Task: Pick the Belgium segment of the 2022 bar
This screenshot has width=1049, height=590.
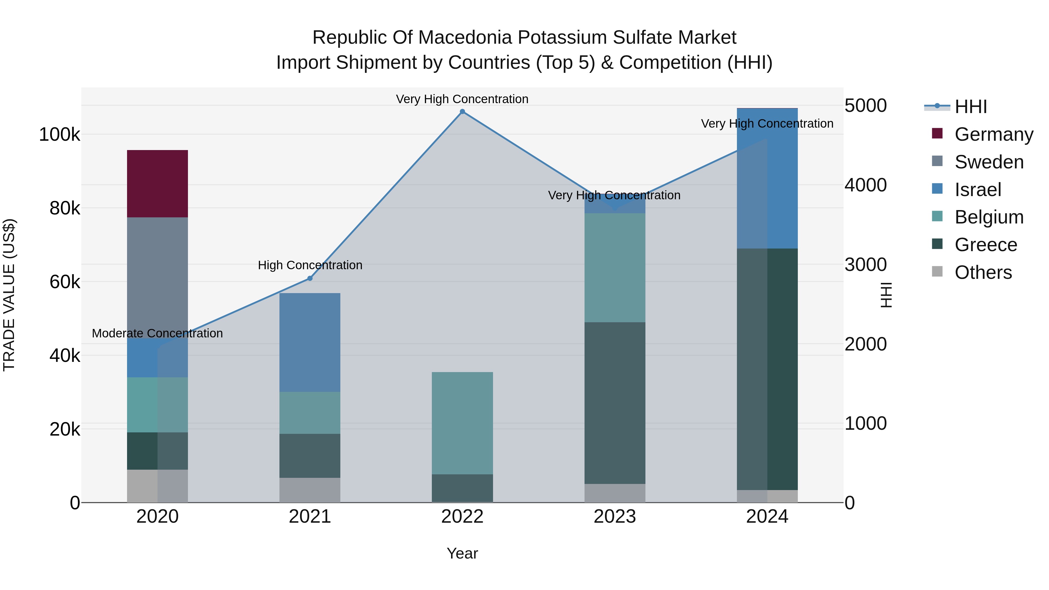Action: tap(462, 423)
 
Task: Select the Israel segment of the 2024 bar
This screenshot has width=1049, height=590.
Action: tap(767, 178)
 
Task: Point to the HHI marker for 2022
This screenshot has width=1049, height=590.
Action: tap(462, 112)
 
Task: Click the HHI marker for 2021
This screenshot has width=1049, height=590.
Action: tap(310, 278)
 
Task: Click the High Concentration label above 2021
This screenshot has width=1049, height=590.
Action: tap(310, 265)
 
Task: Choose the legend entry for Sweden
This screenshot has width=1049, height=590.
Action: tap(989, 162)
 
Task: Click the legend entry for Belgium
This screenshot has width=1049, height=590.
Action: tap(989, 217)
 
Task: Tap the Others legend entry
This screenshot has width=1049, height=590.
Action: tap(983, 272)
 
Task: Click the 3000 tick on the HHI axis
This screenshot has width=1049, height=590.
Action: tap(865, 265)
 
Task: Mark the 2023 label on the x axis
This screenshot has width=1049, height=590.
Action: tap(615, 517)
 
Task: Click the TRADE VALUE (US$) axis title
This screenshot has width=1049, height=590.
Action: tap(9, 295)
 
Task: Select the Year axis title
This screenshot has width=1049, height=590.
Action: tap(462, 553)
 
